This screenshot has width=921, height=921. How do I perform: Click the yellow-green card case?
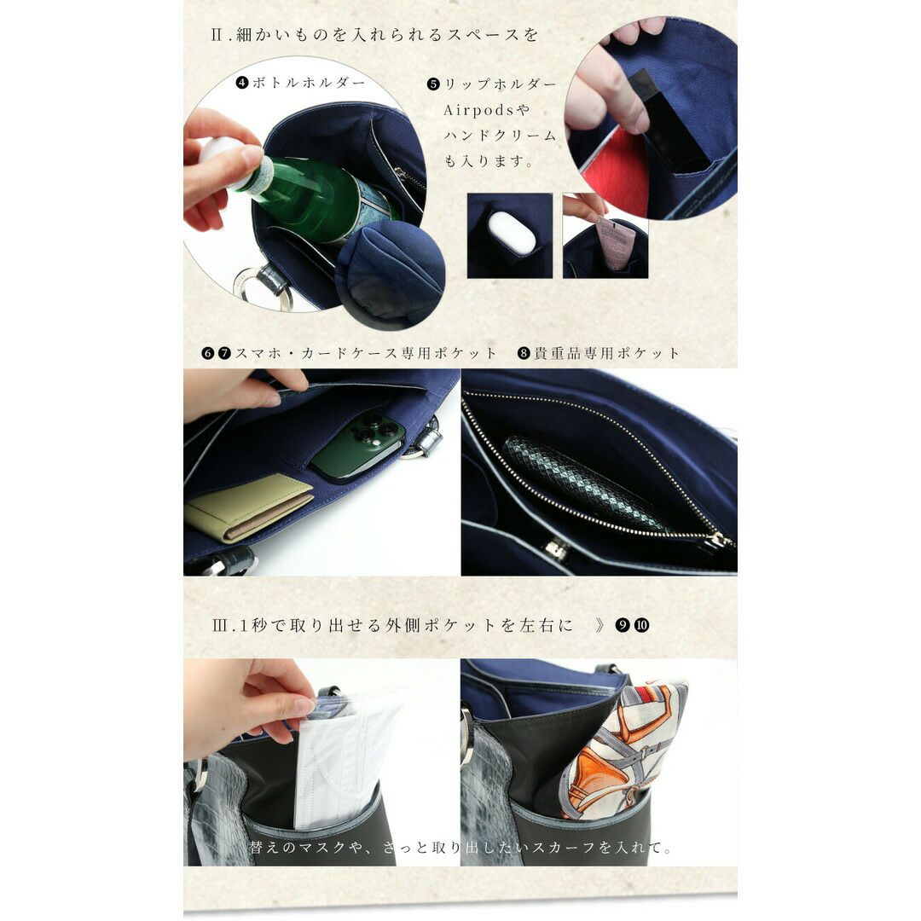(248, 507)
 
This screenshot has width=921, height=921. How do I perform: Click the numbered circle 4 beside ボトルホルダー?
(242, 82)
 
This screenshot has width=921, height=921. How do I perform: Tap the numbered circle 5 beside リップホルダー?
(433, 84)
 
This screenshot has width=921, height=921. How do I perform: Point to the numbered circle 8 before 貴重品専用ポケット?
(524, 353)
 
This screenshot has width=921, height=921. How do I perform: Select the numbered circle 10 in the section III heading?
(642, 625)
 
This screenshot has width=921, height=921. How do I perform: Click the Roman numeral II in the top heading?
(216, 35)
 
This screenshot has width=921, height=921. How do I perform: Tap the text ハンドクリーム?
(500, 136)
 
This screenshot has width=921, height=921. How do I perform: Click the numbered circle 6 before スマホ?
(207, 353)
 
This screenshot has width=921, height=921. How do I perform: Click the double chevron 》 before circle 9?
(600, 625)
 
